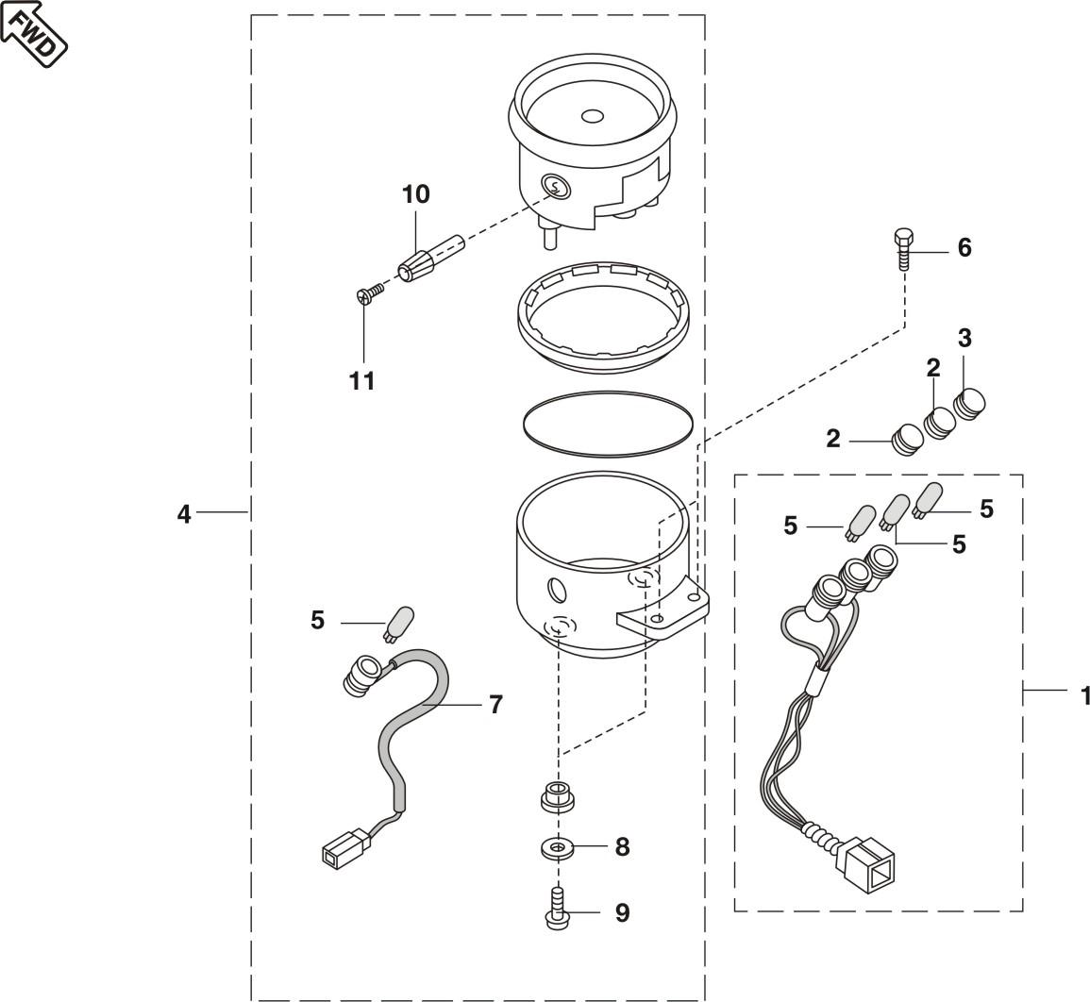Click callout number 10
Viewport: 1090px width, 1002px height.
[415, 194]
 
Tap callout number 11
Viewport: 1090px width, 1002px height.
[362, 381]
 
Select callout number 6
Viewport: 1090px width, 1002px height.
[964, 248]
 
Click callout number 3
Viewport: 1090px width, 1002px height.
[964, 339]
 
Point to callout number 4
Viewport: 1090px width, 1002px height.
[183, 514]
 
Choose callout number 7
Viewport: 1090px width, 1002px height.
[495, 705]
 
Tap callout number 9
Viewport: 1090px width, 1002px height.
[622, 912]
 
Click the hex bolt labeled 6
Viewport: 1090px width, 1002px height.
[902, 248]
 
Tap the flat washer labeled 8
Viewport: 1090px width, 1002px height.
[558, 848]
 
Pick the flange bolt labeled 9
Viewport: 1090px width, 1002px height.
[557, 909]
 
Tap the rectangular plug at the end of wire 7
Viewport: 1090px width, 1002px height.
[342, 847]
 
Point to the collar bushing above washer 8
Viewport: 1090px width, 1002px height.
[558, 796]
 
